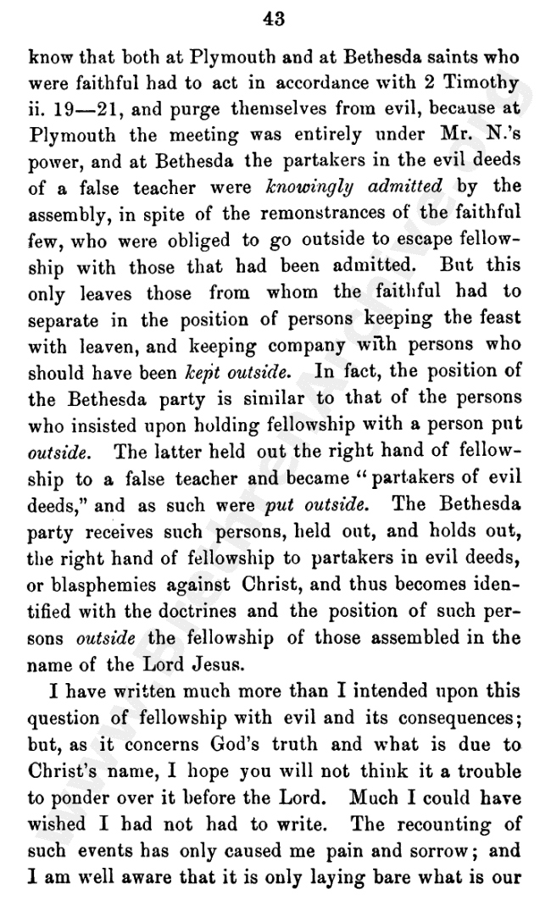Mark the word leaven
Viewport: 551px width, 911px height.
pyautogui.click(x=109, y=347)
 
